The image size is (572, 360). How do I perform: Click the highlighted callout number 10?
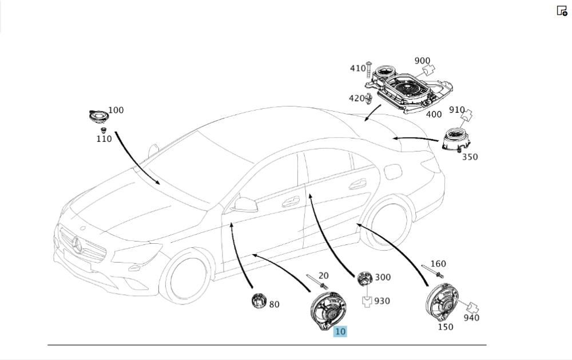(340, 331)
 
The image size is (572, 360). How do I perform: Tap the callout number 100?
(116, 110)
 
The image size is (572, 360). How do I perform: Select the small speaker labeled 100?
(99, 117)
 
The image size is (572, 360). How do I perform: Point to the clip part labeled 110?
(104, 131)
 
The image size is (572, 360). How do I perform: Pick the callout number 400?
(434, 114)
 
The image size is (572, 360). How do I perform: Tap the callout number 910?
(456, 109)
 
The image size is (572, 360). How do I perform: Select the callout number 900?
(422, 61)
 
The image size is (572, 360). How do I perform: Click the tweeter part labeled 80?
(259, 299)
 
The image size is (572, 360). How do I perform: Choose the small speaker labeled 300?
(364, 279)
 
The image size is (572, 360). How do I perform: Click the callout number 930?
(382, 300)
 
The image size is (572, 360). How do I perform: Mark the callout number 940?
(471, 318)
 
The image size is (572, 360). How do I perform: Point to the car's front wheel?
(184, 277)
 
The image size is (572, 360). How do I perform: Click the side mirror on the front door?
(244, 204)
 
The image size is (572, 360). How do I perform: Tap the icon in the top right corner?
(562, 11)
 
